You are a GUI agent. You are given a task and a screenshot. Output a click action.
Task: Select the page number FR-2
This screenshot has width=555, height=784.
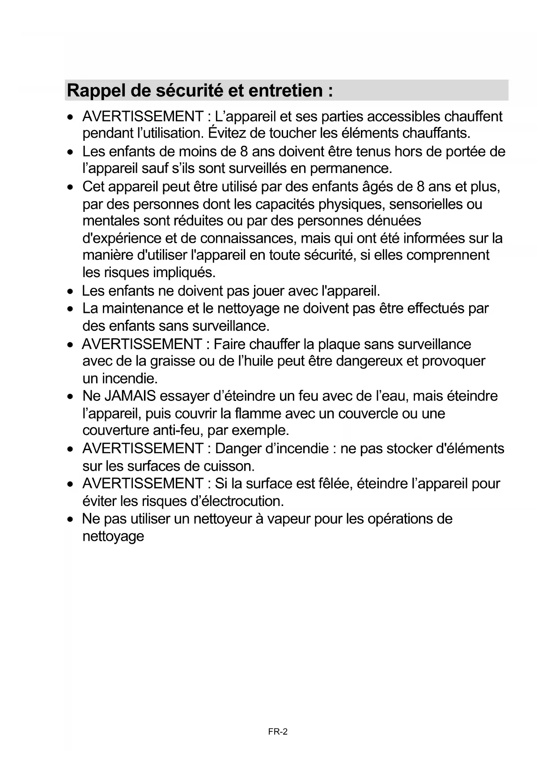point(278,732)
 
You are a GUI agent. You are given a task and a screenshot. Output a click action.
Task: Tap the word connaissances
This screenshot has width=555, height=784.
point(248,238)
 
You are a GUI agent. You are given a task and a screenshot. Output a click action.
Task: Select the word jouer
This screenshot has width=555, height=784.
point(268,291)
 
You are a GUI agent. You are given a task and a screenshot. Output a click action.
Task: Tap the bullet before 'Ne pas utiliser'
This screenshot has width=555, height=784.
point(70,519)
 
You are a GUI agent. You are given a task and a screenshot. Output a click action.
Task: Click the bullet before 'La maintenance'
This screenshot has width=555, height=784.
point(70,309)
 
